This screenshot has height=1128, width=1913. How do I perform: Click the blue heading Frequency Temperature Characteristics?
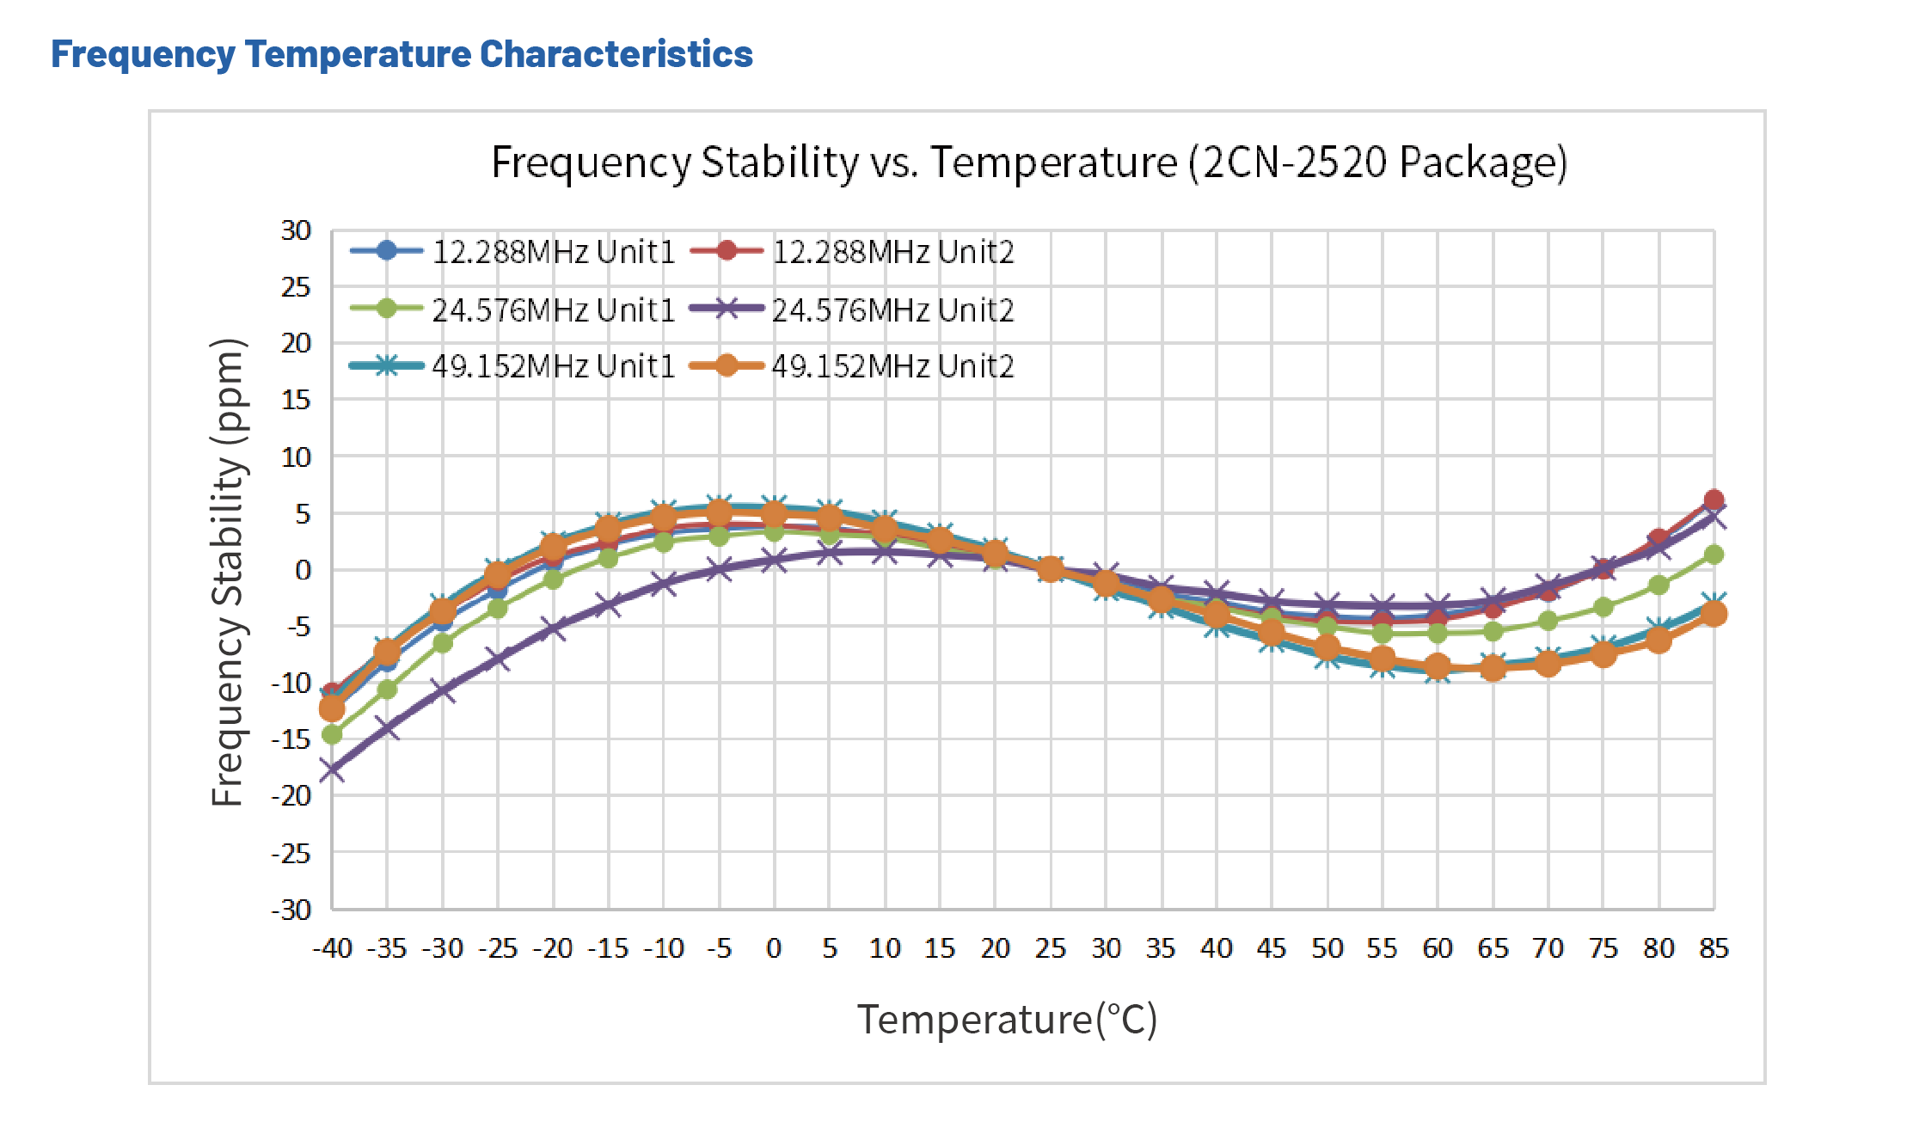[x=402, y=54]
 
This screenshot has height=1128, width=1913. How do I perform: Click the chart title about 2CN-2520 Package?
[x=1028, y=162]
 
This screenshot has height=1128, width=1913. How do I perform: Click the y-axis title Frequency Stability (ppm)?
[x=229, y=572]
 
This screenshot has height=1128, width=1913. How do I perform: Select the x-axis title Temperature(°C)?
[x=1007, y=1020]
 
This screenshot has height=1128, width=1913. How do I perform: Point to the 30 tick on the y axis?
[x=296, y=230]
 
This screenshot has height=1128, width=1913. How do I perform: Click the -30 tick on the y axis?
[x=291, y=910]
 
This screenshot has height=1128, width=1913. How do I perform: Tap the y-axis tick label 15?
[x=296, y=400]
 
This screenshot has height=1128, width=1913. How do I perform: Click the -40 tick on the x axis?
[x=332, y=948]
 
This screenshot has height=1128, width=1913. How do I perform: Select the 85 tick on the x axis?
[x=1714, y=948]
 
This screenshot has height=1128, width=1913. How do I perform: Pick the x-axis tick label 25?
[x=1050, y=948]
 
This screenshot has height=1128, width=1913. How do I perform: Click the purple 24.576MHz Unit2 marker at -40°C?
[x=332, y=770]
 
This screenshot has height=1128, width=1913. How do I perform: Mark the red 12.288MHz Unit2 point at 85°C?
[x=1714, y=500]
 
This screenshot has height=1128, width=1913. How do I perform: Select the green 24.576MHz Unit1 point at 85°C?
[x=1714, y=555]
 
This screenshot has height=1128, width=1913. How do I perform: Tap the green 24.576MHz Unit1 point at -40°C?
[x=332, y=734]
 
